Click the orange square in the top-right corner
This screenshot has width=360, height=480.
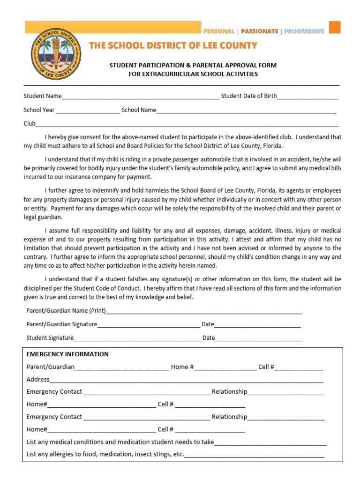[x=334, y=27]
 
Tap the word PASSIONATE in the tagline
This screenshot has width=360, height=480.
[x=260, y=31]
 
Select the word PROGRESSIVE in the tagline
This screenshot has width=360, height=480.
[x=304, y=31]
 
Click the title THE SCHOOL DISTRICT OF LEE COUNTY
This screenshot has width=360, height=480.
[x=173, y=45]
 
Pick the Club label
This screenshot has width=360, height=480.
[x=30, y=124]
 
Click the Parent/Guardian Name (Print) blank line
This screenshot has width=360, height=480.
[x=204, y=312]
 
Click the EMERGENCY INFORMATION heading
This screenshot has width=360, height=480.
[x=67, y=354]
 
